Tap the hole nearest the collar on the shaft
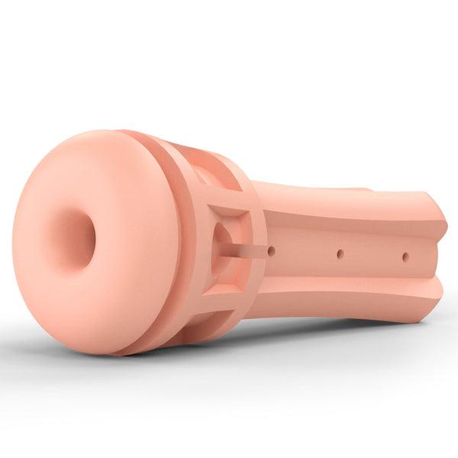272,250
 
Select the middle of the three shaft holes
340,253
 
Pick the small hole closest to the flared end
405,256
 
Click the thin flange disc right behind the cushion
156,244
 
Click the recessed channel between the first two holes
305,252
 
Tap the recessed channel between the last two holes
373,255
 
